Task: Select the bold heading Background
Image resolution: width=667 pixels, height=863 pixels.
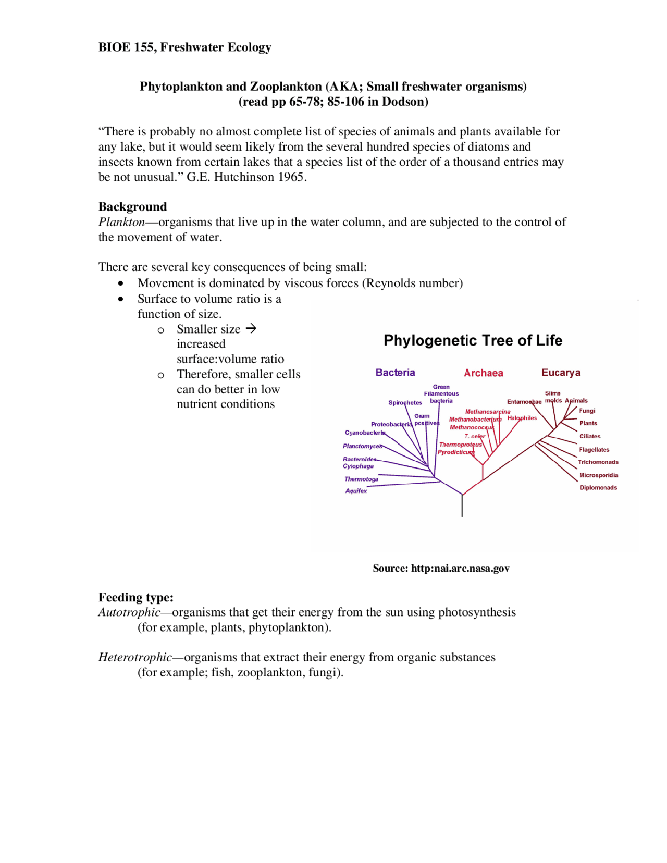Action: pyautogui.click(x=132, y=207)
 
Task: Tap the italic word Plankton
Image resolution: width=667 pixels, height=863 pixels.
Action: pyautogui.click(x=121, y=222)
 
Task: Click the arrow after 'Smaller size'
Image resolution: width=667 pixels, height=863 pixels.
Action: pyautogui.click(x=251, y=329)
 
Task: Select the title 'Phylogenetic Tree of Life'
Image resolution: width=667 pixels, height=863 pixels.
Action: pyautogui.click(x=473, y=341)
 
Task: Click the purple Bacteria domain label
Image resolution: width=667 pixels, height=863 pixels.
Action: pyautogui.click(x=395, y=373)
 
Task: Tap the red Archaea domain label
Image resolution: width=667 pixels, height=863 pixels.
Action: pyautogui.click(x=483, y=373)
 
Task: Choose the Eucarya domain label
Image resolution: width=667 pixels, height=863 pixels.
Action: pyautogui.click(x=560, y=373)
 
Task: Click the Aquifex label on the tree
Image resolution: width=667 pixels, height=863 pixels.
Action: pyautogui.click(x=356, y=491)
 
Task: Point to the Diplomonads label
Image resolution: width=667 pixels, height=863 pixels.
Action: pyautogui.click(x=598, y=488)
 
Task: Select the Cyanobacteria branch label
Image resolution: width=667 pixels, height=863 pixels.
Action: pyautogui.click(x=365, y=433)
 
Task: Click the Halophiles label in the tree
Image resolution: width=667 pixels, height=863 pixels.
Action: pyautogui.click(x=522, y=418)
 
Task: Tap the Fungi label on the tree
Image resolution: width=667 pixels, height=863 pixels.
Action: pyautogui.click(x=587, y=411)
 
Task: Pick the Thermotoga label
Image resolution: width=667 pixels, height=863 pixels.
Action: pyautogui.click(x=361, y=479)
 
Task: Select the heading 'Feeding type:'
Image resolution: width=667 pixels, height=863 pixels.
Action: pyautogui.click(x=135, y=597)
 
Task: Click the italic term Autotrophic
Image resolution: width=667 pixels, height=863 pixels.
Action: pyautogui.click(x=129, y=612)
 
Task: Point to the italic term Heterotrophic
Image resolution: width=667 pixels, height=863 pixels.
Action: pyautogui.click(x=135, y=657)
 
